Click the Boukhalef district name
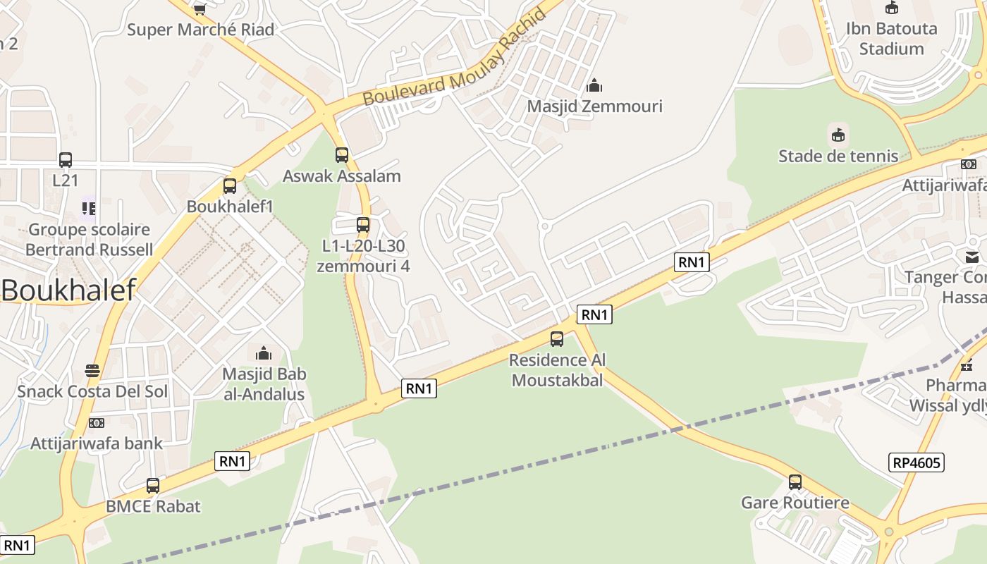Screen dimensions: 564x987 [68, 290]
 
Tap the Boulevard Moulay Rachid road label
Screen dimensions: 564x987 [455, 59]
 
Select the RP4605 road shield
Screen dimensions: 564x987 [916, 462]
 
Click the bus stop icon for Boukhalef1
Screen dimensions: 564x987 [229, 186]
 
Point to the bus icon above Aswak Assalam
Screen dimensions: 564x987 [342, 155]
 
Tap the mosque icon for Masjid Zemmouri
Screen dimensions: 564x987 [594, 86]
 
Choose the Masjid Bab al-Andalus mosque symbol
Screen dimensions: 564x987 [264, 352]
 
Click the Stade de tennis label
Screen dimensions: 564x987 [838, 156]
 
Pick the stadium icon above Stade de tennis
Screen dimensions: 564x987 [838, 134]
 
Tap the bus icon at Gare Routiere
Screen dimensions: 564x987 [795, 482]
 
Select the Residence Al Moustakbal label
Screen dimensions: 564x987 [557, 370]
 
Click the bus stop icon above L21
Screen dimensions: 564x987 [66, 160]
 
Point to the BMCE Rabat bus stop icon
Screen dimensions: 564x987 [153, 486]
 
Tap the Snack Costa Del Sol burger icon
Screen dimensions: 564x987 [92, 370]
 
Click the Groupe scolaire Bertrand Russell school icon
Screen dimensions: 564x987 [89, 208]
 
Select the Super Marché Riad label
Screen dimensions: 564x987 [200, 30]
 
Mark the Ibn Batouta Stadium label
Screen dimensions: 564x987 [891, 39]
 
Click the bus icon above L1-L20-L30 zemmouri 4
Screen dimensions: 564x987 [363, 225]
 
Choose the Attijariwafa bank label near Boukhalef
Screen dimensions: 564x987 [97, 443]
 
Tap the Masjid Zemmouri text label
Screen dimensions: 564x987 [594, 106]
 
